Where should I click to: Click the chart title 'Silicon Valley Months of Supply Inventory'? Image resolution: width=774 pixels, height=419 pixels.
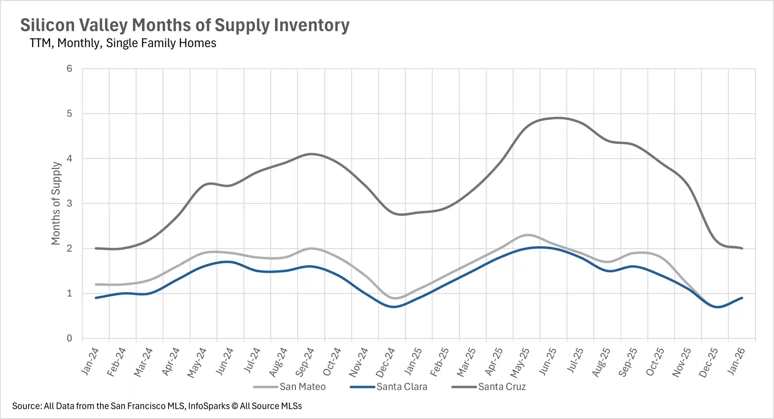point(185,25)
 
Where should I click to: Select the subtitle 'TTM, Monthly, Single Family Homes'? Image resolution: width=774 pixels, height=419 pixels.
point(123,43)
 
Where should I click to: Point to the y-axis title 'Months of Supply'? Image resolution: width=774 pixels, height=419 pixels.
point(56,203)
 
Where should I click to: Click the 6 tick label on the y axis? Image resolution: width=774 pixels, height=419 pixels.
point(69,68)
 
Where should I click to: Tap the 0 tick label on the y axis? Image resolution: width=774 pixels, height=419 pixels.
point(69,338)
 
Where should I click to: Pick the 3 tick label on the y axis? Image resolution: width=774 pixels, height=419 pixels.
point(69,203)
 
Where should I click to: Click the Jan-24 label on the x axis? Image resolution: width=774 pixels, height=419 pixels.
point(90,361)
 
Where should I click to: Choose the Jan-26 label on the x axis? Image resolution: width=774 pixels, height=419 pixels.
point(736,361)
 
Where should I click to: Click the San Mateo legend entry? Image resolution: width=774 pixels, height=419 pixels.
point(302,387)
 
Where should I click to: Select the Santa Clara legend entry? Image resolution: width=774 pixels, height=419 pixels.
point(402,387)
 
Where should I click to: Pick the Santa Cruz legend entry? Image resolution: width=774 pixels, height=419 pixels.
point(502,387)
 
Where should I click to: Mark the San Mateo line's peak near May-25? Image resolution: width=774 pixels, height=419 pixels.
point(527,234)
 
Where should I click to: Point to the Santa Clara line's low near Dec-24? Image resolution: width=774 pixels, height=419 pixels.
point(394,307)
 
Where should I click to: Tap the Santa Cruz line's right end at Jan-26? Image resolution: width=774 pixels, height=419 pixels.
point(742,248)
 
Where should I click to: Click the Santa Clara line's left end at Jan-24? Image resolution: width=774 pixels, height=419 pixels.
point(96,298)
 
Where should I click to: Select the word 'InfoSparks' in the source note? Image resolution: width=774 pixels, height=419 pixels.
point(209,406)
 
